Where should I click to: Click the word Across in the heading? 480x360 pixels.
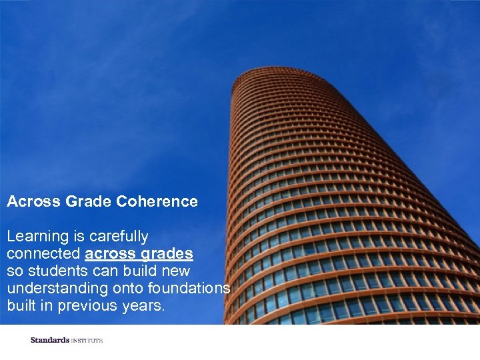pos(33,201)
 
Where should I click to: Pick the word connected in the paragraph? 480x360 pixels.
pos(44,254)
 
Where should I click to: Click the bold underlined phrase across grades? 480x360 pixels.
pos(139,254)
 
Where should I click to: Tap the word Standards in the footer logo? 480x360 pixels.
pos(49,341)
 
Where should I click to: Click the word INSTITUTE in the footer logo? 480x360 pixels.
pos(87,341)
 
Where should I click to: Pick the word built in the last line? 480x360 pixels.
pos(22,306)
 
